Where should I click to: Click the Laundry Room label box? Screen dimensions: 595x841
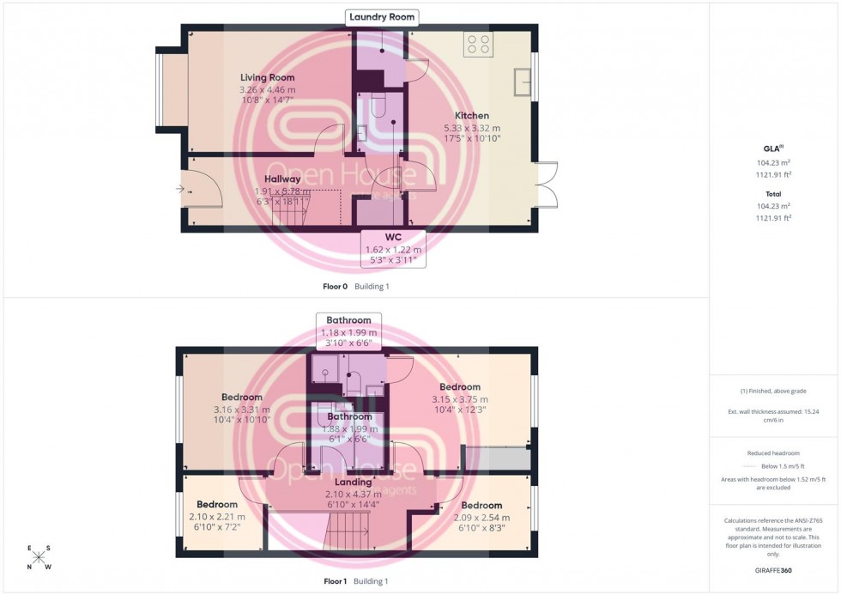(x=382, y=16)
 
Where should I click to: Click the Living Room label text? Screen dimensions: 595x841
(x=267, y=77)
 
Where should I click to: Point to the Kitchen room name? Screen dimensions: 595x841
(x=472, y=115)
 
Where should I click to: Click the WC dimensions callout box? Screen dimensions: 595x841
(x=394, y=248)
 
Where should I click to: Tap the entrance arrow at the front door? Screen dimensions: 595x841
(x=179, y=188)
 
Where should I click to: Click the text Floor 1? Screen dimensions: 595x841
(x=334, y=581)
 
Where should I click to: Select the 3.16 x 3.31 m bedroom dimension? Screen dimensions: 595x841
(x=241, y=410)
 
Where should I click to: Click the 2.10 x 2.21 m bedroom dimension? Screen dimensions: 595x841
(x=217, y=517)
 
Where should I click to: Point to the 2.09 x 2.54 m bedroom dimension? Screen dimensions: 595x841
(x=481, y=518)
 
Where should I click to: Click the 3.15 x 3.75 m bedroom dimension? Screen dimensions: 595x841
(x=459, y=399)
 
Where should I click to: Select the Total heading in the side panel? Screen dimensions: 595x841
(x=774, y=194)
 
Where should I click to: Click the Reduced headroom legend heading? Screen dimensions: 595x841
(x=774, y=452)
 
